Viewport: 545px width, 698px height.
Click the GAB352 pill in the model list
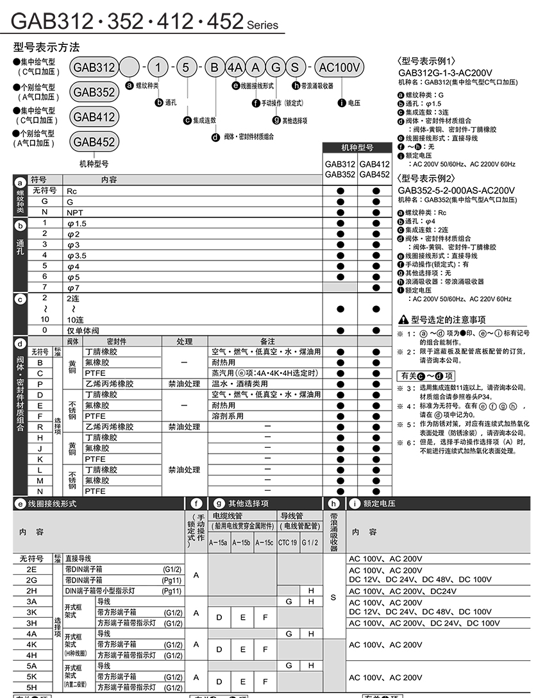click(94, 92)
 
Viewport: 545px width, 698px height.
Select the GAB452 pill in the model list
click(94, 142)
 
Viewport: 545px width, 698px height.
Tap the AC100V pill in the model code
click(340, 67)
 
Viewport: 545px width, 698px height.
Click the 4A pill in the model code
click(235, 67)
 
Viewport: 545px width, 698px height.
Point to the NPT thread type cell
click(72, 212)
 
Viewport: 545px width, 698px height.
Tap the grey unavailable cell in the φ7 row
click(340, 287)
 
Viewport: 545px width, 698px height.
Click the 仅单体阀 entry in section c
click(83, 330)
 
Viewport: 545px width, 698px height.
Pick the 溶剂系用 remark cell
click(228, 416)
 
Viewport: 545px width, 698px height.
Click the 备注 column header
click(267, 341)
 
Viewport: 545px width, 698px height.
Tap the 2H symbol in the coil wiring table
click(31, 591)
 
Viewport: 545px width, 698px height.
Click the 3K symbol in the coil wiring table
click(31, 612)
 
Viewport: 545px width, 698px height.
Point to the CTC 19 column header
click(287, 543)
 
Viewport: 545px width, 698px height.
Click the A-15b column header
click(241, 543)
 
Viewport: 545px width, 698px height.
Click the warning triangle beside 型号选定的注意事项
click(403, 319)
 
